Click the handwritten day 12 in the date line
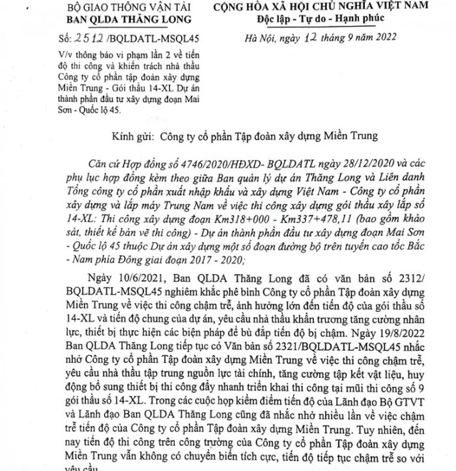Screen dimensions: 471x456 [x=299, y=39]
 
